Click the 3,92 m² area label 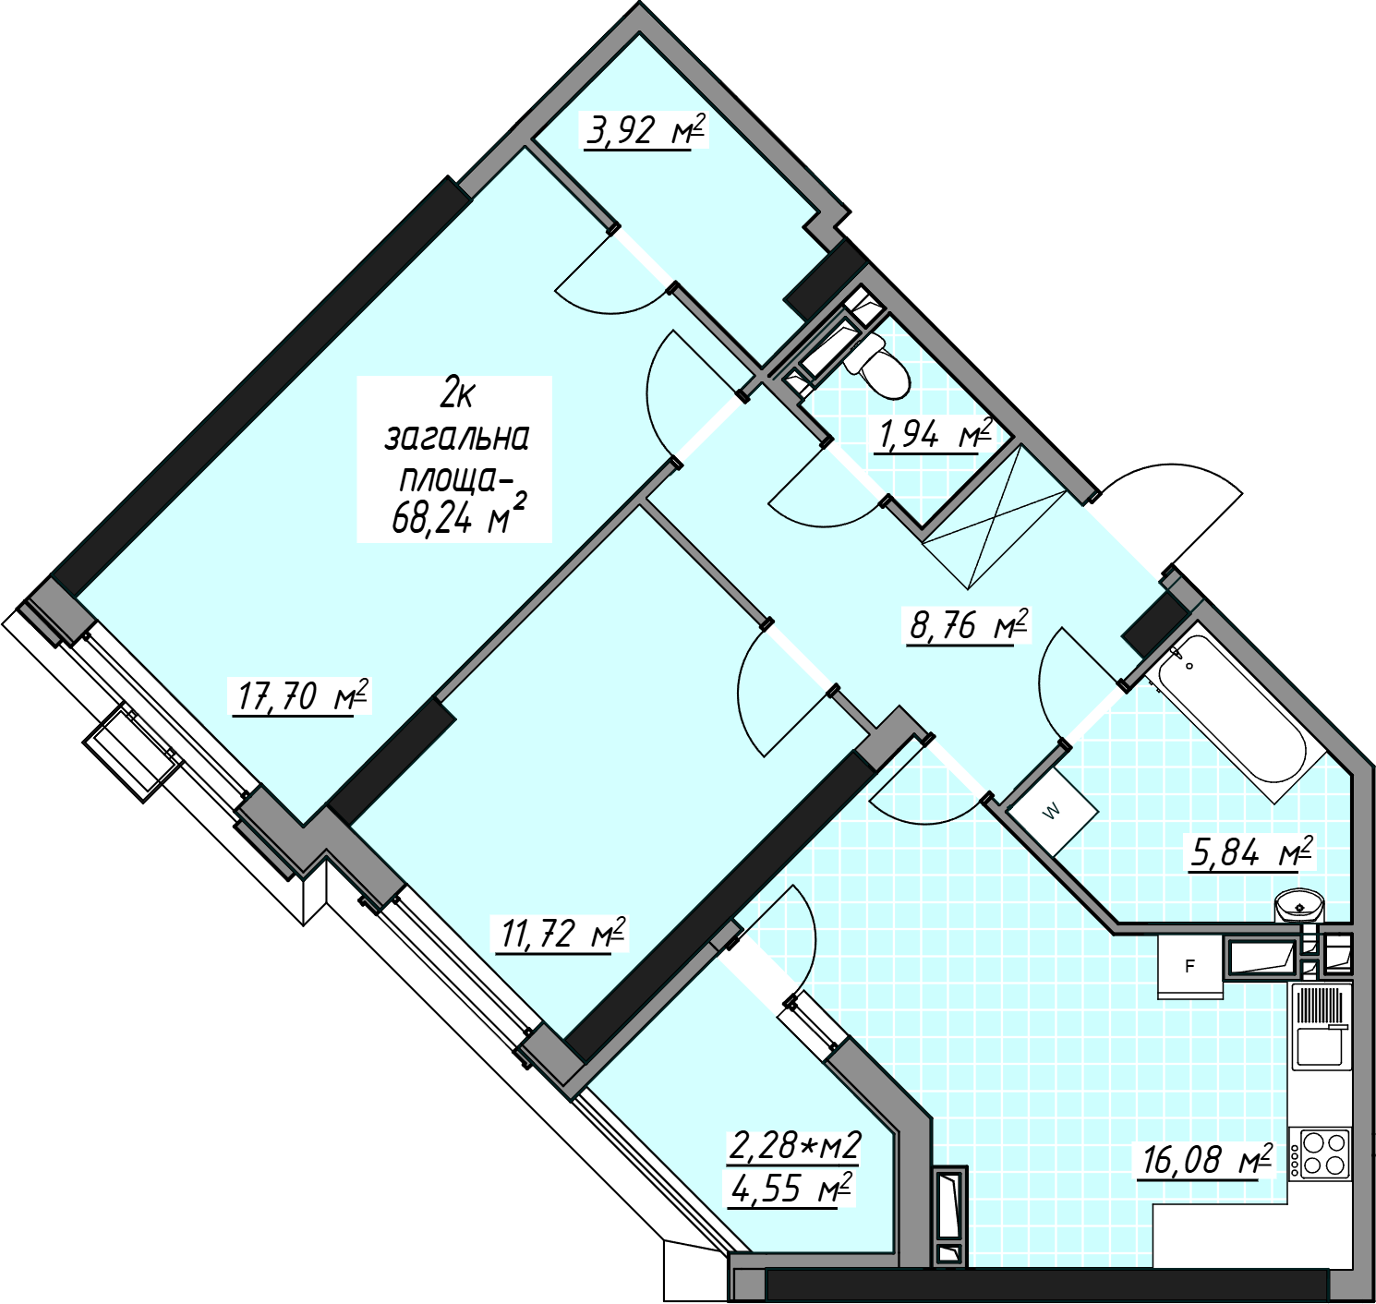[645, 131]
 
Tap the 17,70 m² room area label [302, 697]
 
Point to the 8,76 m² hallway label [969, 625]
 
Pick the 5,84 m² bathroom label [1250, 853]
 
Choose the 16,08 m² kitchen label [1205, 1161]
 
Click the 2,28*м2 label [793, 1146]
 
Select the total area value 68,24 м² [459, 518]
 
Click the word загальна [456, 439]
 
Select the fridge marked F [1189, 967]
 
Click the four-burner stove [1320, 1153]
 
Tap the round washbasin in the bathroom [1299, 906]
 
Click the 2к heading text [456, 397]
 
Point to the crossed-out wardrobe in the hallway [995, 519]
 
